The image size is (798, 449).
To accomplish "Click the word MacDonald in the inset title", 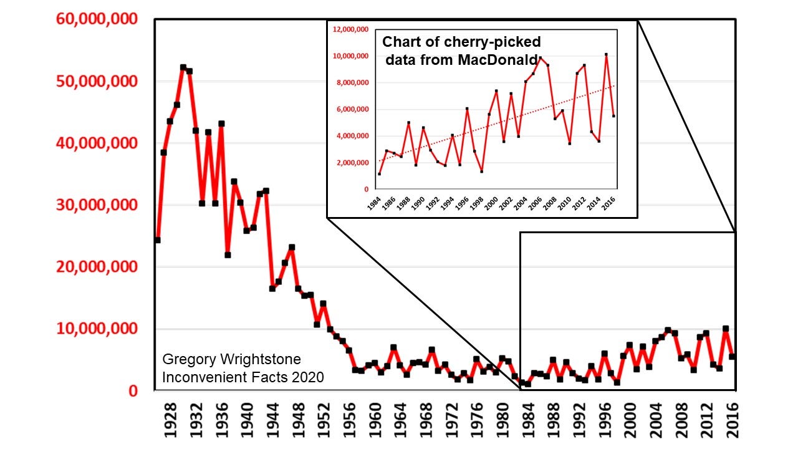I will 506,60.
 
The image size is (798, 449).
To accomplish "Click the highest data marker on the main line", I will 183,67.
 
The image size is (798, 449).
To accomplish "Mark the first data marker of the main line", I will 157,240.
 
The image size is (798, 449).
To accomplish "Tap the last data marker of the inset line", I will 614,116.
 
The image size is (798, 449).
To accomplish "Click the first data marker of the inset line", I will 379,173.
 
